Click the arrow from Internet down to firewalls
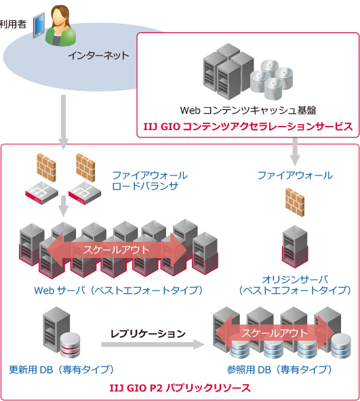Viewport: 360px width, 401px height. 63,122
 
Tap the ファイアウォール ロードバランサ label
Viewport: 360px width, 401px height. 150,180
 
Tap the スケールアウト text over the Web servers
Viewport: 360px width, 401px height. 113,249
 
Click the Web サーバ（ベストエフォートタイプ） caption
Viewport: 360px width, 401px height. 119,290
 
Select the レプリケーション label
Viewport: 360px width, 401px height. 148,333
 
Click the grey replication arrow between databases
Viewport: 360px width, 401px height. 153,345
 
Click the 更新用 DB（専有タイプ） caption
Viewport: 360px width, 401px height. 60,370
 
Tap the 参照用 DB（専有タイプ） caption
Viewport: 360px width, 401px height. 280,370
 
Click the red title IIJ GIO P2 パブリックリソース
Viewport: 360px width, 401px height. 180,388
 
